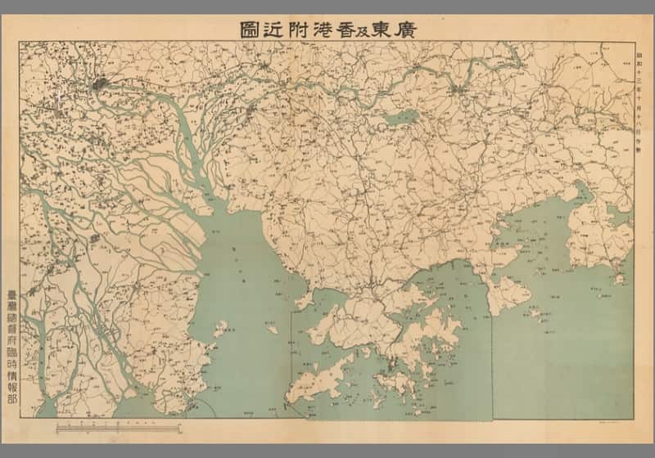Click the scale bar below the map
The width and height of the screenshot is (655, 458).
[x=115, y=427]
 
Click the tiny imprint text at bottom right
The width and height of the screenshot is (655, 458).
[x=619, y=420]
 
